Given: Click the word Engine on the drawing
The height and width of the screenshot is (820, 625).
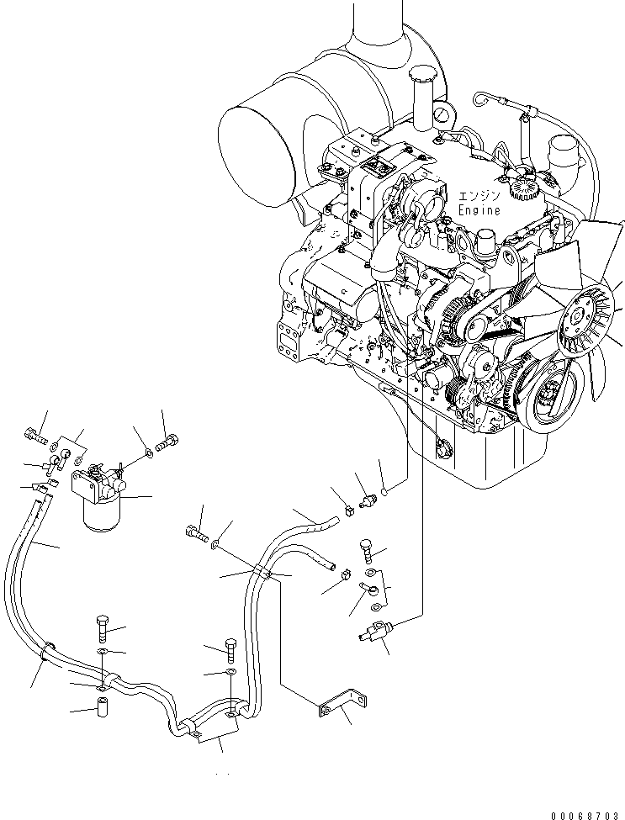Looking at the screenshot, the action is coord(479,210).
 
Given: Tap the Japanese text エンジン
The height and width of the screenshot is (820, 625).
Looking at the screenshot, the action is coord(479,197).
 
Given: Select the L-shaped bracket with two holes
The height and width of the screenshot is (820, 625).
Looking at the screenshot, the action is coord(342,704).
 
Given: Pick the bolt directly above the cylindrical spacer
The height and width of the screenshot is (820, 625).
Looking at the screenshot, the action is coord(102,630).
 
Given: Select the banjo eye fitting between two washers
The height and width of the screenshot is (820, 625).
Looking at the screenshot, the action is coord(368,589).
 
